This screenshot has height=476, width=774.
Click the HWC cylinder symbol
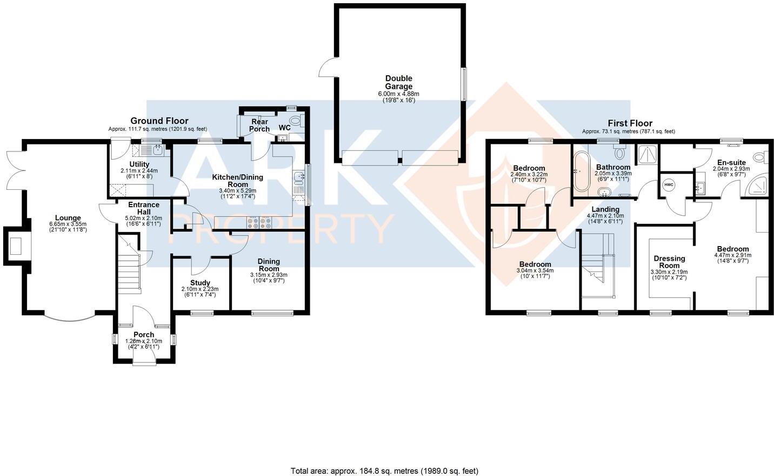click(669, 185)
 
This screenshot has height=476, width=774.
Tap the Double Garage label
click(398, 82)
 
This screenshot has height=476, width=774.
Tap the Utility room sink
click(157, 148)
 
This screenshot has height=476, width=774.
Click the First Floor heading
click(629, 123)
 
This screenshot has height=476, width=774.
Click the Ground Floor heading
click(159, 121)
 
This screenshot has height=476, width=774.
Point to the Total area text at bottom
click(384, 471)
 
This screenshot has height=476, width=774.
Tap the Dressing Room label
click(669, 262)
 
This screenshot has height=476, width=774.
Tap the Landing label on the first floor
click(605, 209)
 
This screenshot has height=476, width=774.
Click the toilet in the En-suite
click(761, 157)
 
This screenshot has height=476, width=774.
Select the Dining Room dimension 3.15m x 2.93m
click(269, 275)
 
